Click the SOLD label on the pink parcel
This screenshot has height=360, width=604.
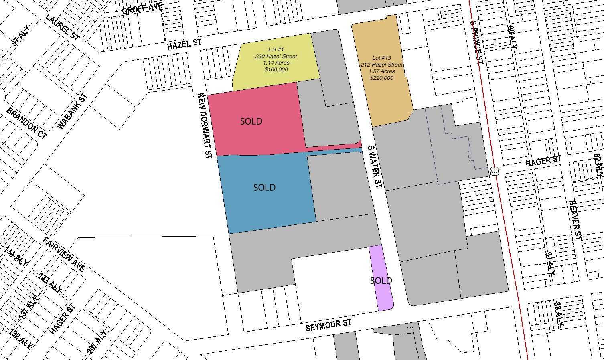(x=251, y=121)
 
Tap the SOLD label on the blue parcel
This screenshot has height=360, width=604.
(x=264, y=187)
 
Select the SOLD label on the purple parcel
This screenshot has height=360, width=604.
(x=381, y=281)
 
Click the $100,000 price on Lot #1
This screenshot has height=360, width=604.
(x=276, y=69)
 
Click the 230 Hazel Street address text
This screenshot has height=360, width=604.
(x=276, y=56)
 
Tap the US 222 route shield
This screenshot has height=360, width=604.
(x=494, y=171)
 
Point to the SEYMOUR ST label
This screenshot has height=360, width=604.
(x=328, y=325)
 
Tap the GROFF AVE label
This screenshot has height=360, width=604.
(x=142, y=8)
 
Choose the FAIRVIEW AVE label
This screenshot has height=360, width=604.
(x=65, y=254)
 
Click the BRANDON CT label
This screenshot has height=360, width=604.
(x=27, y=123)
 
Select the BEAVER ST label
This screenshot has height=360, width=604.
(x=575, y=220)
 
